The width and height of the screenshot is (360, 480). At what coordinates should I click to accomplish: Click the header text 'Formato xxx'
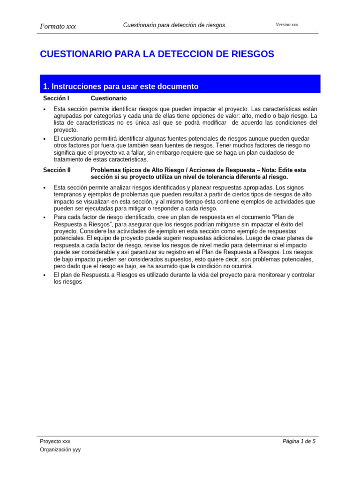58,26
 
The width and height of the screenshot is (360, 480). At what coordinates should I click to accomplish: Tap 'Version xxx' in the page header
287,24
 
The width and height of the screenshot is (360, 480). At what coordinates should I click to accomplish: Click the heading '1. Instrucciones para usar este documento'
120,86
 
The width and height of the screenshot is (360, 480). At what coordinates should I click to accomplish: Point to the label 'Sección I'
56,98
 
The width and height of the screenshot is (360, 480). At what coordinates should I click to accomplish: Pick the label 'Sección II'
57,170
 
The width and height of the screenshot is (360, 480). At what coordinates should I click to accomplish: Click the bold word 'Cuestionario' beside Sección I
108,98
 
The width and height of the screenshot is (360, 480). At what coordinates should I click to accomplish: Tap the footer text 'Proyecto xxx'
55,441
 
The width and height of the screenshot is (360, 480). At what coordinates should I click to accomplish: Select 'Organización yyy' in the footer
60,449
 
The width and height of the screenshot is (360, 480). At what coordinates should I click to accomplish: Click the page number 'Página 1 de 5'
299,441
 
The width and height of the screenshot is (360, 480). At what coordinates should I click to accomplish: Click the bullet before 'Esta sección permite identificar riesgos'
43,109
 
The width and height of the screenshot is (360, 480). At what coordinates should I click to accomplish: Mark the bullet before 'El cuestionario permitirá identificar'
43,139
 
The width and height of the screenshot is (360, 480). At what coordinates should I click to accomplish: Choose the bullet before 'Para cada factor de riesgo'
43,217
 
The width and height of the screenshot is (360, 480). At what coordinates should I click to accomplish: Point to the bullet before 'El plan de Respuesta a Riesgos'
43,275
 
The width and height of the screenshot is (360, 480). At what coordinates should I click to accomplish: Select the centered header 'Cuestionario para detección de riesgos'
174,25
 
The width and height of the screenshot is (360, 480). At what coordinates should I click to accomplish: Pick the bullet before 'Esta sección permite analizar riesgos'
43,187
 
